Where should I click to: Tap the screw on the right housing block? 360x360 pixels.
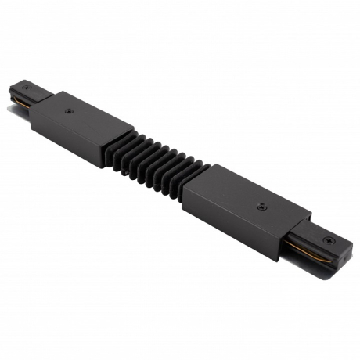(x=261, y=208)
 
